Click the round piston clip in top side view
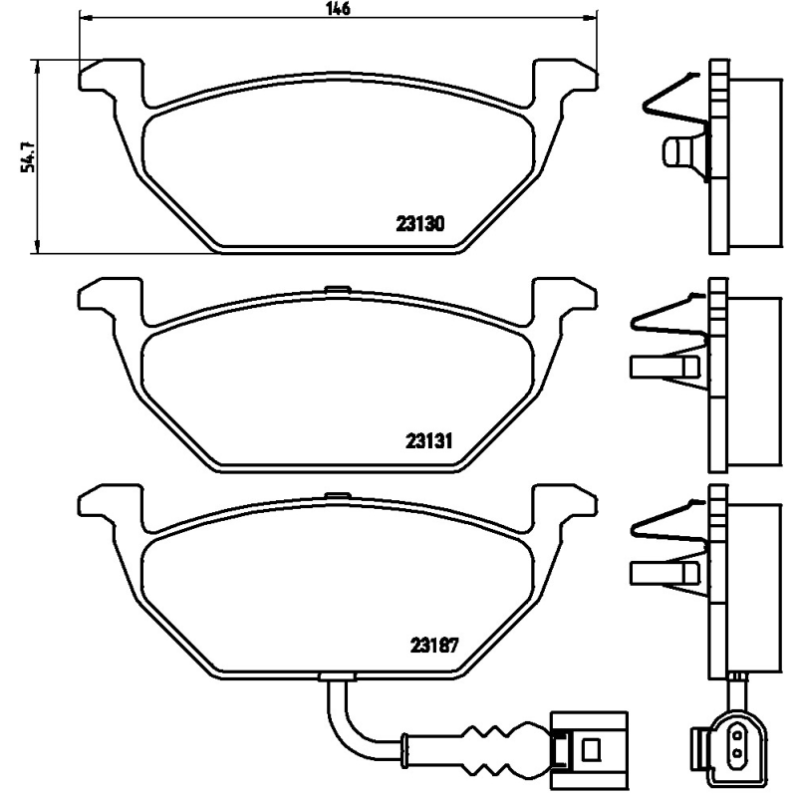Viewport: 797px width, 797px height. pyautogui.click(x=680, y=152)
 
